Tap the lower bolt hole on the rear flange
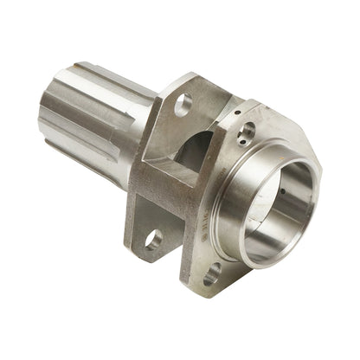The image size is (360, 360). click(153, 238)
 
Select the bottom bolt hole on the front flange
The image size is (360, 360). click(210, 276)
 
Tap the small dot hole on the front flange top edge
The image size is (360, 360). click(237, 112)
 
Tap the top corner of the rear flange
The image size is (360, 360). click(196, 78)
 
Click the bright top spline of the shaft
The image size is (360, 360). click(95, 71)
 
